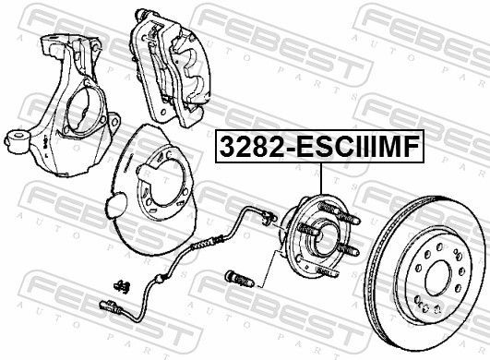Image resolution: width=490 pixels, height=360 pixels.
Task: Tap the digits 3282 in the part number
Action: click(247, 149)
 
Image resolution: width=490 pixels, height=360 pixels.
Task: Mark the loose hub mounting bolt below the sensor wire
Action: click(235, 274)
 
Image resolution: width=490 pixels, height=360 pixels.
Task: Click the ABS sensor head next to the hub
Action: click(268, 219)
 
